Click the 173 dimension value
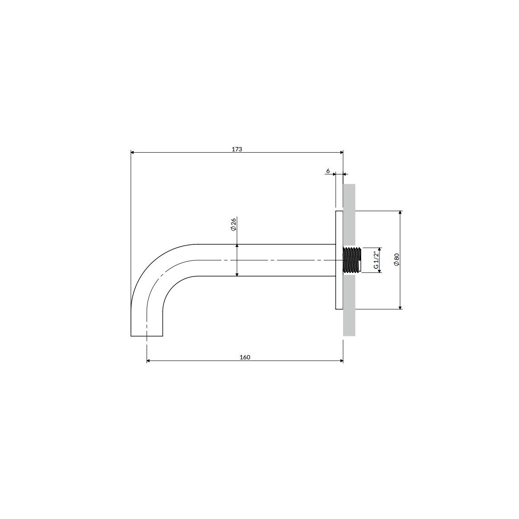coord(237,149)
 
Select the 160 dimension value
coord(245,357)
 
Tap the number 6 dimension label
coord(328,171)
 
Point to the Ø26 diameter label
coord(233,224)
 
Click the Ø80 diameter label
coord(396,259)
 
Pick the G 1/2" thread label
coord(376,260)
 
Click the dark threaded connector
coord(352,260)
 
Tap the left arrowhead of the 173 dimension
coord(132,152)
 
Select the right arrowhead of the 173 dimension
coord(341,152)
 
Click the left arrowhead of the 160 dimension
coord(149,361)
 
